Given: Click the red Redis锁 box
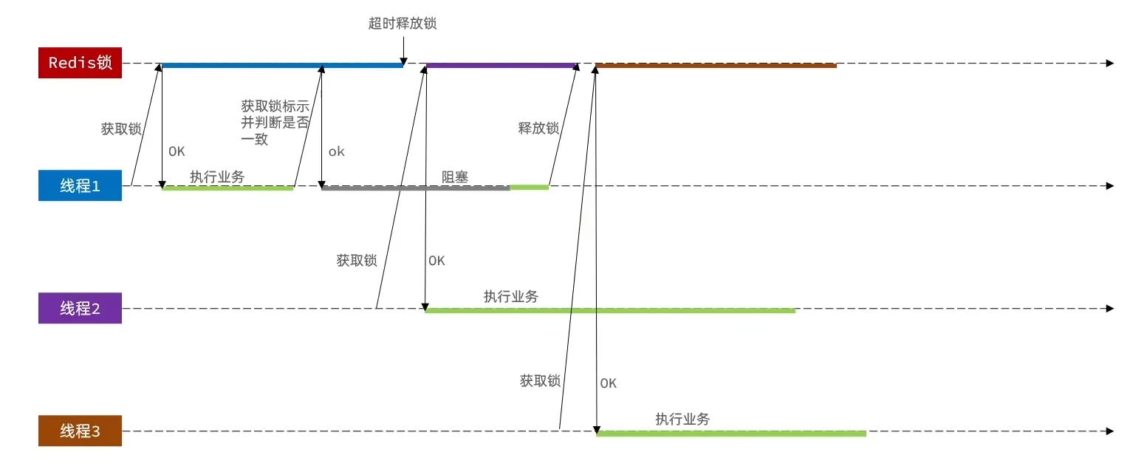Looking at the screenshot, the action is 80,63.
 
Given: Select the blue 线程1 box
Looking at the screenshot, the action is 80,185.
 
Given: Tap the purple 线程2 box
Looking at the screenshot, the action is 80,308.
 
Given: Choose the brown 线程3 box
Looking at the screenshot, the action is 80,431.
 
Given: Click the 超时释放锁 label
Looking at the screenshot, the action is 403,23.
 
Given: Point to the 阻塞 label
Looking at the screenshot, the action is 455,177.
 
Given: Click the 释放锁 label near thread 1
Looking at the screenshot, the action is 538,128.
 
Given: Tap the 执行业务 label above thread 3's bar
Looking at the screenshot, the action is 682,419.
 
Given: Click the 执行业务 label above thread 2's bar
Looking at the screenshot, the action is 511,296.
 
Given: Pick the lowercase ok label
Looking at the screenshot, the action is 337,151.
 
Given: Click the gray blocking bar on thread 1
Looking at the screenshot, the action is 415,188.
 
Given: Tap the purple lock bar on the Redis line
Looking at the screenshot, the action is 501,66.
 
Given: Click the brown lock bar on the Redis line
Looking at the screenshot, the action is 715,66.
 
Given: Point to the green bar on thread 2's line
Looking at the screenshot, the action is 609,311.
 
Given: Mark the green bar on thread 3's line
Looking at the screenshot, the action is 730,434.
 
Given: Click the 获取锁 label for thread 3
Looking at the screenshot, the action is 540,381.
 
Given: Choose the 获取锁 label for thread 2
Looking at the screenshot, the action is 357,260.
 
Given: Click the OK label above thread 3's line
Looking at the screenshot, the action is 608,383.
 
